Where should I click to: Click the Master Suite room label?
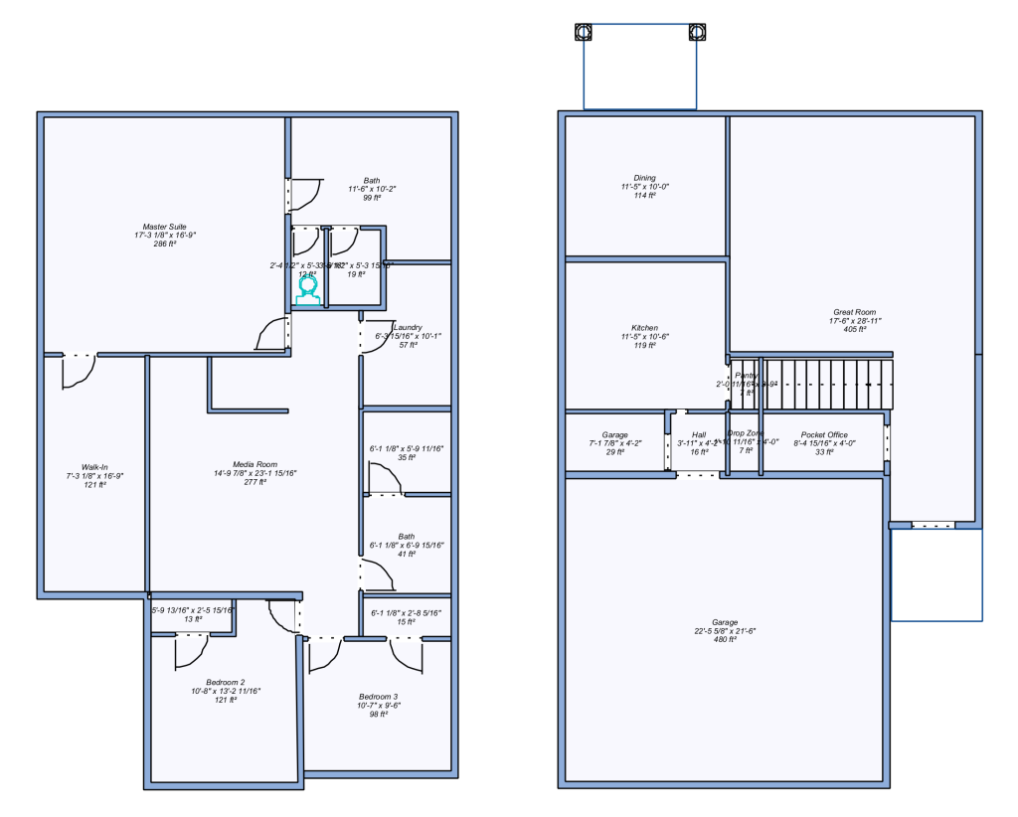click(x=164, y=227)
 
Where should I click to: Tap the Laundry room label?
click(x=408, y=327)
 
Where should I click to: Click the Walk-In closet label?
click(x=94, y=466)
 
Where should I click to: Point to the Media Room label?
click(x=254, y=464)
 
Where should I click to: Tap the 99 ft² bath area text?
click(x=371, y=198)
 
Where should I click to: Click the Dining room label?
click(x=644, y=178)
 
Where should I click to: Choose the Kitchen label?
click(x=644, y=328)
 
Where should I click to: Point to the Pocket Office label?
click(x=824, y=434)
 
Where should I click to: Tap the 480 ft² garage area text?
click(x=725, y=639)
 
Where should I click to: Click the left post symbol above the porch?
click(x=585, y=32)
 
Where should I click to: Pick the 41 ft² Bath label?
click(x=406, y=537)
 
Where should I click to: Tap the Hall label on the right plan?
click(x=699, y=434)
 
